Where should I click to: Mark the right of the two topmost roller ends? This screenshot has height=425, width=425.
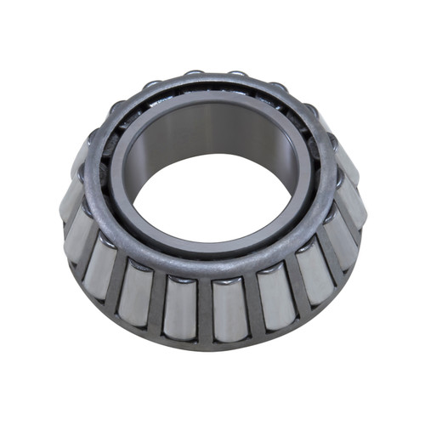click(237, 75)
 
